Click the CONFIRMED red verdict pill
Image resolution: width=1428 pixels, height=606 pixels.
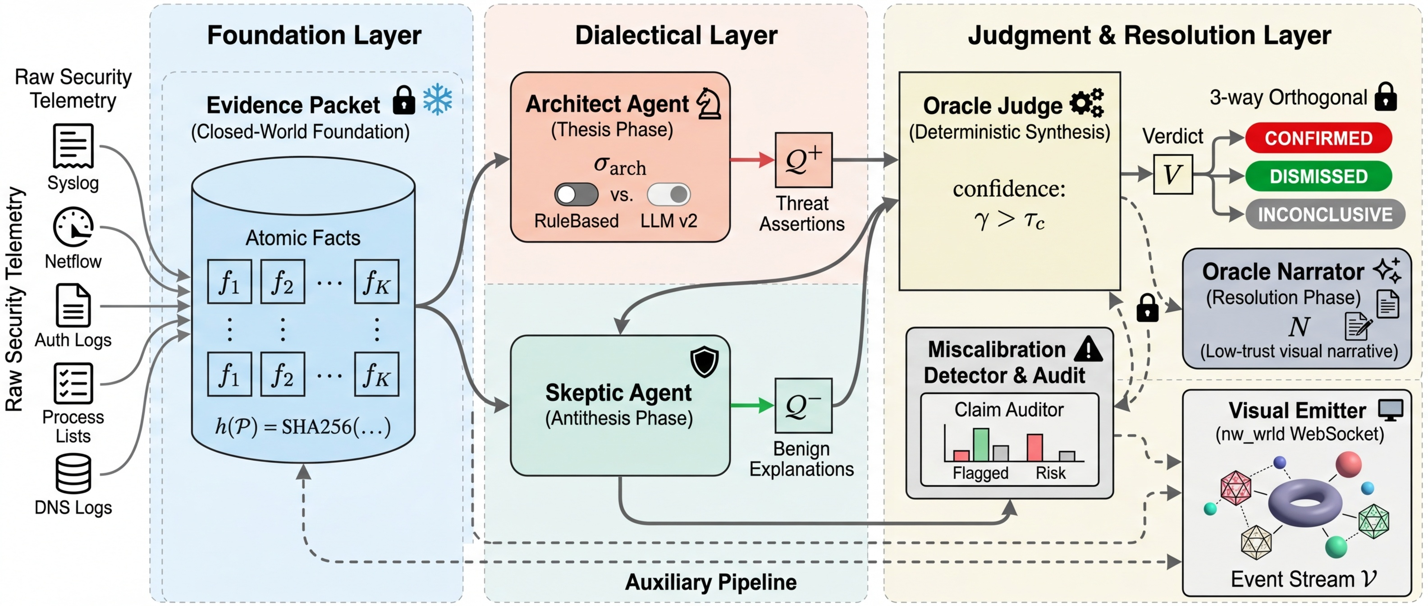(x=1318, y=138)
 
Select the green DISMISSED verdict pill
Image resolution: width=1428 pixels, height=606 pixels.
(x=1318, y=176)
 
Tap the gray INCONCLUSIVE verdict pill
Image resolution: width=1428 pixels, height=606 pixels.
(x=1324, y=215)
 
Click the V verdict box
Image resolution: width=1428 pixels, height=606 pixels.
(x=1172, y=174)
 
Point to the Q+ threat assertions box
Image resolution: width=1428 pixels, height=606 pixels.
(x=803, y=160)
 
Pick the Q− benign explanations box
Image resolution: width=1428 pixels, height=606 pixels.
(x=803, y=406)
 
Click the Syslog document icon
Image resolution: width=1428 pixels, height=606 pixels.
(x=73, y=146)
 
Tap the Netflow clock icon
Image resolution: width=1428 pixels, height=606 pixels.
(x=73, y=227)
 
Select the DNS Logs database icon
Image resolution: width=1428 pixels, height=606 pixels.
(x=73, y=473)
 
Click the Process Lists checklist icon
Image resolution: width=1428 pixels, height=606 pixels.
(x=73, y=383)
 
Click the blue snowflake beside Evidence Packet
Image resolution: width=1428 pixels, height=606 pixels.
(x=437, y=99)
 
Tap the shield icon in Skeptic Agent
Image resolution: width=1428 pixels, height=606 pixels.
(x=704, y=362)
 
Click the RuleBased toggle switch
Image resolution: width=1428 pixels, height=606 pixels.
(x=576, y=195)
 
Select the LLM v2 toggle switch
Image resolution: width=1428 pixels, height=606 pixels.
(x=668, y=195)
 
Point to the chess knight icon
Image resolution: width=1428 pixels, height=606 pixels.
(x=709, y=104)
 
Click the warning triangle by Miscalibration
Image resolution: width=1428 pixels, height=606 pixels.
(x=1088, y=349)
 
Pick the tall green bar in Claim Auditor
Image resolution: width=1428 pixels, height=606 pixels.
(x=981, y=445)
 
